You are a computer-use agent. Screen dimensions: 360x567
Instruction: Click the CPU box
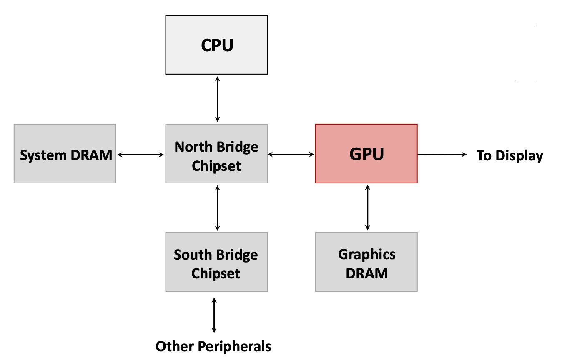coord(216,45)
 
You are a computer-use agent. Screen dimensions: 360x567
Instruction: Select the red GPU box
coord(366,153)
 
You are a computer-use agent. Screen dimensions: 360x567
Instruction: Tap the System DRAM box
coord(65,153)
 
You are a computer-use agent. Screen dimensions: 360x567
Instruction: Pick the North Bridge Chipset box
coord(216,153)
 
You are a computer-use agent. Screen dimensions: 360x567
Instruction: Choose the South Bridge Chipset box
coord(216,262)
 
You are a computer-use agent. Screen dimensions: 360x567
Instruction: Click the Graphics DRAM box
coord(366,262)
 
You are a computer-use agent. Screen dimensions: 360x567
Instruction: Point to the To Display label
coord(509,156)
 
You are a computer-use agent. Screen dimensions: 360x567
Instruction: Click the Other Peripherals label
coord(213,346)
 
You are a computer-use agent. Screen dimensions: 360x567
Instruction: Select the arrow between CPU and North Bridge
coord(217,99)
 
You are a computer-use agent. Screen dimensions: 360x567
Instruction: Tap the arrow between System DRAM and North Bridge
coord(141,155)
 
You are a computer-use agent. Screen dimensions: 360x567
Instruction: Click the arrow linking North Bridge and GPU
coord(291,155)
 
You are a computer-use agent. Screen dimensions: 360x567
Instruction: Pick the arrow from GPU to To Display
coord(442,154)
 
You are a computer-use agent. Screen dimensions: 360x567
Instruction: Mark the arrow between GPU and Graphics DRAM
coord(367,207)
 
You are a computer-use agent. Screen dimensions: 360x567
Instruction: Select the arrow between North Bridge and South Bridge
coord(217,207)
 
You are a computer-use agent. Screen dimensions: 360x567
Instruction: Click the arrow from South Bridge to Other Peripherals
coord(214,315)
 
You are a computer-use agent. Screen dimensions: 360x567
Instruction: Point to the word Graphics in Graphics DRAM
coord(367,254)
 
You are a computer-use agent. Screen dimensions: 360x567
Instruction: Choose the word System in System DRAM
coord(41,155)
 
